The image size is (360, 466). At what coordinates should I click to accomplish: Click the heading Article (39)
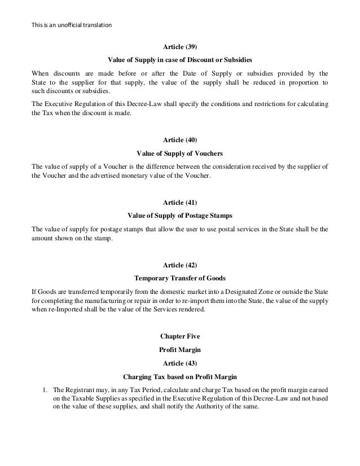(179, 46)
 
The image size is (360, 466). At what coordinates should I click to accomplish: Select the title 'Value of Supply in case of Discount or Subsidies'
(179, 59)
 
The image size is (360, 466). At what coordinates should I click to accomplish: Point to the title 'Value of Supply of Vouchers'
(179, 154)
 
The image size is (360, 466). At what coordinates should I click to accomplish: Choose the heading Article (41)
(179, 202)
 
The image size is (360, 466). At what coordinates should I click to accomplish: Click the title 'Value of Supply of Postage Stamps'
(179, 215)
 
